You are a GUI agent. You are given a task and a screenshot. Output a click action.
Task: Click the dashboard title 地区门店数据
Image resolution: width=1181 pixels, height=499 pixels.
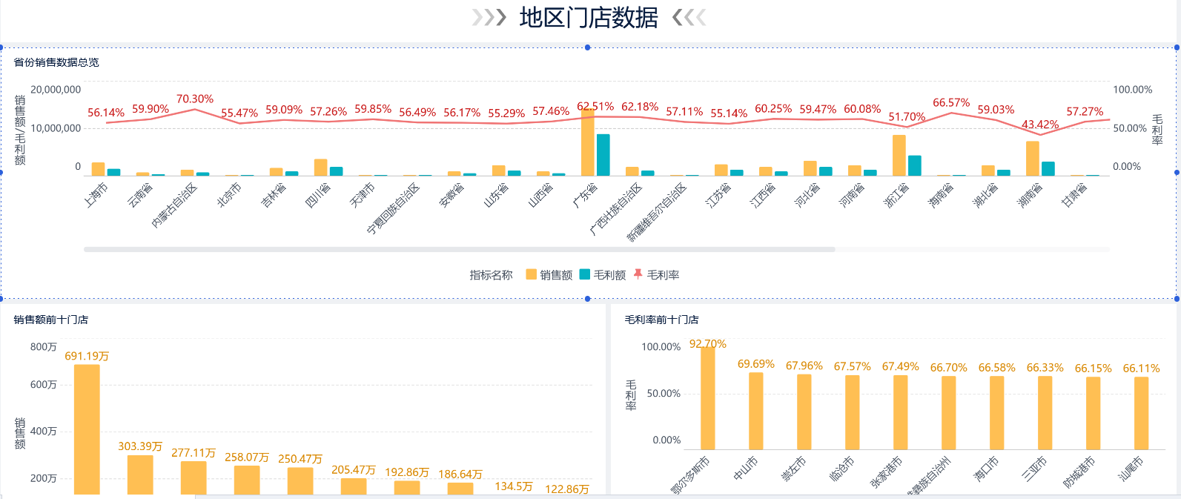[589, 18]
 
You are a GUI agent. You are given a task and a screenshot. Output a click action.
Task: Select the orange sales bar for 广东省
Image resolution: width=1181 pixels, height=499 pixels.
[587, 143]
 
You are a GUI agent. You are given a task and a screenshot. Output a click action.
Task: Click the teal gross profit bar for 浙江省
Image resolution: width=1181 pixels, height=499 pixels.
[914, 165]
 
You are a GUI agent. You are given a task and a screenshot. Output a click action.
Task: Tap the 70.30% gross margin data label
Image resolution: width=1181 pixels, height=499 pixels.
[195, 99]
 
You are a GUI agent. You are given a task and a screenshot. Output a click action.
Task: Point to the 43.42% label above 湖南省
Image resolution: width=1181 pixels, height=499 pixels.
[1040, 125]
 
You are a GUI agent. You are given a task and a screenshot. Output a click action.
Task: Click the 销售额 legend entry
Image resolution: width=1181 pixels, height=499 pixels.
[549, 275]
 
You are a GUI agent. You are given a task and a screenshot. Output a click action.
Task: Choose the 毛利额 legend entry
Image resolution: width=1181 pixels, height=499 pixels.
[603, 275]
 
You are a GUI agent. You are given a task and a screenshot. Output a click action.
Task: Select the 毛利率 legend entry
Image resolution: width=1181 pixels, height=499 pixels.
[656, 275]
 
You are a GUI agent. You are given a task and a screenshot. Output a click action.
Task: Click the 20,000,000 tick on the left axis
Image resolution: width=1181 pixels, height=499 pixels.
[56, 90]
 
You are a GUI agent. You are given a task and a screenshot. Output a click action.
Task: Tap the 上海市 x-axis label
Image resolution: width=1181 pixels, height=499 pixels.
[96, 195]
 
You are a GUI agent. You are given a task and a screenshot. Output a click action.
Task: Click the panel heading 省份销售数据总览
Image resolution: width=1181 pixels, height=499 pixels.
[56, 62]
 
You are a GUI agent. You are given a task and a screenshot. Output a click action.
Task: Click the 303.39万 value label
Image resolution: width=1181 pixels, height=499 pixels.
[140, 446]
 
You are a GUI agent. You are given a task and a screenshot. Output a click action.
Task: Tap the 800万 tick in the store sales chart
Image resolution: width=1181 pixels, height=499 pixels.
[44, 347]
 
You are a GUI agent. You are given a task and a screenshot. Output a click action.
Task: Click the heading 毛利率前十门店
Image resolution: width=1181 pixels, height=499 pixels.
[661, 320]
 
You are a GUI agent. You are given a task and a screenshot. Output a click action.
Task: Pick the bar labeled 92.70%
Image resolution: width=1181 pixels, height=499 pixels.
[708, 398]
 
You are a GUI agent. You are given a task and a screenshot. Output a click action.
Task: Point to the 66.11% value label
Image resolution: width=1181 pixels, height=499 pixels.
[1141, 369]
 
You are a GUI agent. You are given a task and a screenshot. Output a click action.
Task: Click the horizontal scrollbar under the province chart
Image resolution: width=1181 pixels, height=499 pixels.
[460, 249]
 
